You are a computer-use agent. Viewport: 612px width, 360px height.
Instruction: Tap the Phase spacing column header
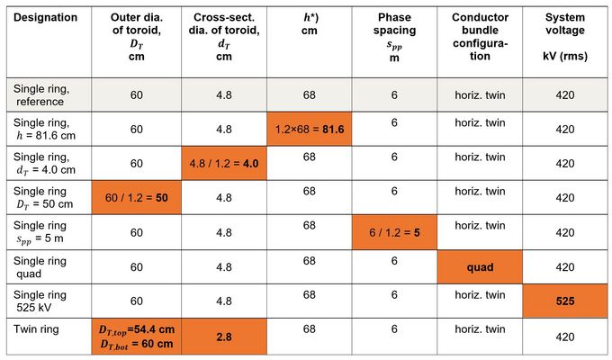[x=393, y=36]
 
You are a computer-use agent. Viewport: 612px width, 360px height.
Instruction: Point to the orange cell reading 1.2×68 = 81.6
[x=309, y=130]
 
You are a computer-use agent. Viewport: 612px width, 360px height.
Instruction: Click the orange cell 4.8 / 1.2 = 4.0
[x=223, y=164]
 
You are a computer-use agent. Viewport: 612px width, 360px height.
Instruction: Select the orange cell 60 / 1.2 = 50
[x=137, y=197]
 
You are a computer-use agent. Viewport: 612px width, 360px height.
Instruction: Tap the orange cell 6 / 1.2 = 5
[x=393, y=232]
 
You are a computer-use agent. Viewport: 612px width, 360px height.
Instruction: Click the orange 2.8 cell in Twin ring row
[x=223, y=337]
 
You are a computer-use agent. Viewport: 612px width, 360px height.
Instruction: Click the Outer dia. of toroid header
[x=137, y=36]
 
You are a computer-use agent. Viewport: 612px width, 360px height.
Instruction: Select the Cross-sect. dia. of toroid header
[x=223, y=36]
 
